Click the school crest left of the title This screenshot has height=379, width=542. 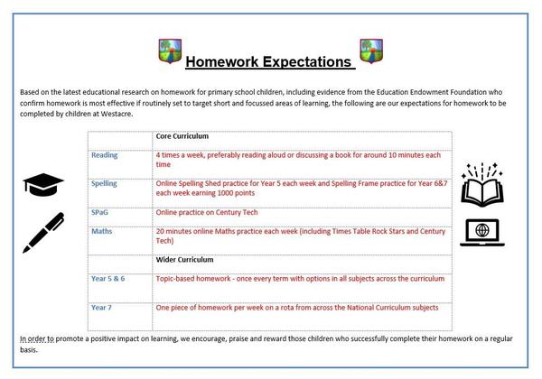(170, 51)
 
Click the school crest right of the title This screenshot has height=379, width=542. (371, 51)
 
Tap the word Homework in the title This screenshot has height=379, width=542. (222, 61)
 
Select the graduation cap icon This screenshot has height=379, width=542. (43, 185)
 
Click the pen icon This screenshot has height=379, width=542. (43, 233)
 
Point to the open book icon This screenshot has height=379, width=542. (482, 185)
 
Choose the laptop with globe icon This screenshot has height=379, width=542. (482, 233)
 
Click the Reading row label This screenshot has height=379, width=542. (105, 155)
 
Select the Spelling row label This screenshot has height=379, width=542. (104, 183)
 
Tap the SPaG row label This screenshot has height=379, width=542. (99, 212)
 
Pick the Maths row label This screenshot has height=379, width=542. (101, 231)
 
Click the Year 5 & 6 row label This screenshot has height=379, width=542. (107, 279)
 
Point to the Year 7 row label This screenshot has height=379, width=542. (101, 308)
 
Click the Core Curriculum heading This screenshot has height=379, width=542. (182, 136)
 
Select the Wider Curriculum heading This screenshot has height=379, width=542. (184, 260)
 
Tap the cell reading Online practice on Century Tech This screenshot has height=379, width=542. (207, 212)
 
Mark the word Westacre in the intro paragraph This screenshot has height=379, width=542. (117, 114)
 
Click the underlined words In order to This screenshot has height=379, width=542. (37, 339)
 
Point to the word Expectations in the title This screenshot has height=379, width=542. (307, 62)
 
